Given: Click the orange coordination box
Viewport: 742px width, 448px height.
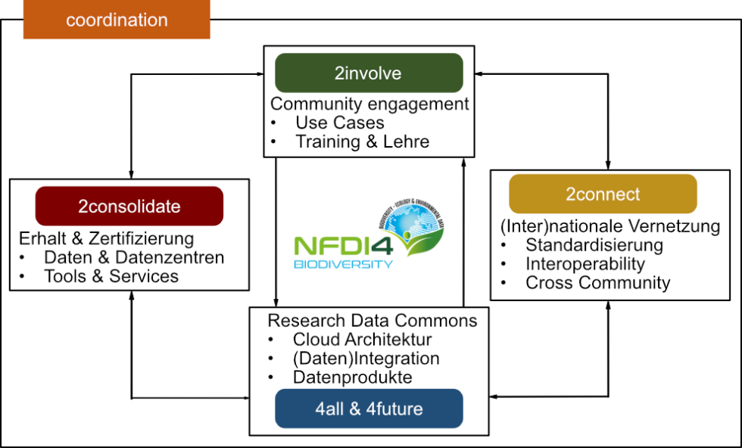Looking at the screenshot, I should tap(117, 20).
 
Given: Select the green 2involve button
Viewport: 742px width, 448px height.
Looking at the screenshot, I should tap(368, 73).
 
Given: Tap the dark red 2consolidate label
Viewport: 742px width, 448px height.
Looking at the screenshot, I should tap(129, 206).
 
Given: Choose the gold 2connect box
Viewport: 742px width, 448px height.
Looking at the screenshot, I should tap(603, 194).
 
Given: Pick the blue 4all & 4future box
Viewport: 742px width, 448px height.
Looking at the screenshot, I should tap(369, 409).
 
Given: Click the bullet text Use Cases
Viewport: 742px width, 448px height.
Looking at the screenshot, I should tap(340, 123).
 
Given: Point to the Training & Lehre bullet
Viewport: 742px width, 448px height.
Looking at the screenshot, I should tap(362, 142).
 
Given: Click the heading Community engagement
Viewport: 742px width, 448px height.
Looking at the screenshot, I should tap(369, 104).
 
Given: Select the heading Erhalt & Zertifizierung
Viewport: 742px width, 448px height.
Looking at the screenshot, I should tap(106, 238).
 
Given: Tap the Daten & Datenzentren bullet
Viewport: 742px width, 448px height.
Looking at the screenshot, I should tap(134, 257).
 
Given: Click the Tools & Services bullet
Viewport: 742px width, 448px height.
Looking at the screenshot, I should tap(111, 276).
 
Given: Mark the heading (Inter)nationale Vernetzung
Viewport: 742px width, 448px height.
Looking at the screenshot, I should tap(610, 226).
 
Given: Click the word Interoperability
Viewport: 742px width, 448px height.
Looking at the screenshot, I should tap(585, 264).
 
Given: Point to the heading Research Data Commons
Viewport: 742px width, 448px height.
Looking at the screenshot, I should tap(373, 320).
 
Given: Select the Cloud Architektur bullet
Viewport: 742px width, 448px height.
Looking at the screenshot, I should tap(362, 340).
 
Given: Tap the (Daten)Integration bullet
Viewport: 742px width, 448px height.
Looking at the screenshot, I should tap(366, 358).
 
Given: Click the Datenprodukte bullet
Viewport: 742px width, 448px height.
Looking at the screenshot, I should tap(352, 377).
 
